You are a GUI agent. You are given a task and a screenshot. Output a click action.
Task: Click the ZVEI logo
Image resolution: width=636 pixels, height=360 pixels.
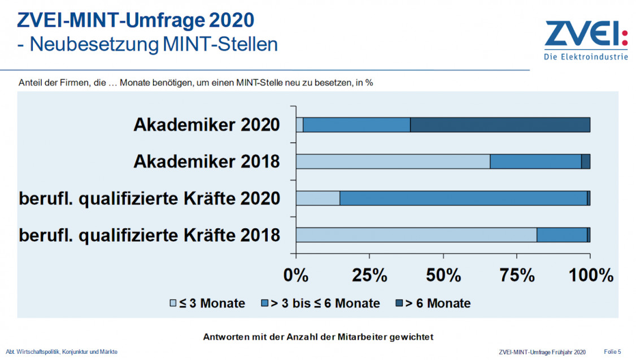pos(586,40)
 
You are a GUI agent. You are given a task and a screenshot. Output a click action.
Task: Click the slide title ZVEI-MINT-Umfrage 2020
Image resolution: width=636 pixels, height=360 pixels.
pos(136,20)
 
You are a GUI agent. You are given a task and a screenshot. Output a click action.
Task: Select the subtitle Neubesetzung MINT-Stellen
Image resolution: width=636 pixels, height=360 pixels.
pos(147,44)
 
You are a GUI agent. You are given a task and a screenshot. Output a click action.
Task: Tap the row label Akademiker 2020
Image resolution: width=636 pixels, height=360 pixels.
pos(207,124)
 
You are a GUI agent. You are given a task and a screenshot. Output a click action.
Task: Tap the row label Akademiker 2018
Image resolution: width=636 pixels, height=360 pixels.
pos(207,161)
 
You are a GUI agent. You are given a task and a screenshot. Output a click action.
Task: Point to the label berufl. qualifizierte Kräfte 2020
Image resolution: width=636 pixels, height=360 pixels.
pos(150,198)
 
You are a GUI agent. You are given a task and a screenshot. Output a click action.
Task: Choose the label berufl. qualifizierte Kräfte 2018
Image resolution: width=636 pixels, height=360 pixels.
pos(150,235)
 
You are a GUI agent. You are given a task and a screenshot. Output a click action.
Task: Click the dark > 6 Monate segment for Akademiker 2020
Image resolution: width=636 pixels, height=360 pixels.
pos(500,124)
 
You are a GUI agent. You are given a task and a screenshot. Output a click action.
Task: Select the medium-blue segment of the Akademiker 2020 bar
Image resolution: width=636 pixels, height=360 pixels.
pos(356,124)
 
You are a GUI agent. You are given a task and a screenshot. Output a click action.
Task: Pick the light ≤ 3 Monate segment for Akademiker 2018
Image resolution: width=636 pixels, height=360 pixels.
pos(393,161)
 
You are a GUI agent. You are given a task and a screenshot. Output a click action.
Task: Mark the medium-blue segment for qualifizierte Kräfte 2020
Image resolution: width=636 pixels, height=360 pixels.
pos(463,198)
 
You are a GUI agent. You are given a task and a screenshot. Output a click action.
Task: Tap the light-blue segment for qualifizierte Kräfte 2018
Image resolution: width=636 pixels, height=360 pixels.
pos(416,235)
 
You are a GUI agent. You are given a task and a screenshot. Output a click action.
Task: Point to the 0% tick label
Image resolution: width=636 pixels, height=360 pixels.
pos(295,275)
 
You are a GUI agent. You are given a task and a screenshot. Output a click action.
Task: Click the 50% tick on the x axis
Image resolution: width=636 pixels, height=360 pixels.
pos(443,275)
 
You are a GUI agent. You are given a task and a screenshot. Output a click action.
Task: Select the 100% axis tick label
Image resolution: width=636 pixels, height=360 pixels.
pos(590,275)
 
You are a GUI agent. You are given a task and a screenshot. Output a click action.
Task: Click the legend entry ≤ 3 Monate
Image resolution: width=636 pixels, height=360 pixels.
pos(207,303)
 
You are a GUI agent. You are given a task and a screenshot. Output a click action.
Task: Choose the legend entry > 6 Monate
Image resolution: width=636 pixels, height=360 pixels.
pos(433,303)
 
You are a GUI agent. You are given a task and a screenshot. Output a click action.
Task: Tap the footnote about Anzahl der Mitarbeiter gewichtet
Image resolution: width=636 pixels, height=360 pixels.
pos(317,337)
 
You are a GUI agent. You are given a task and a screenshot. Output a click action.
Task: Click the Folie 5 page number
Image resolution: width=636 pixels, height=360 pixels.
pos(612,352)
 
